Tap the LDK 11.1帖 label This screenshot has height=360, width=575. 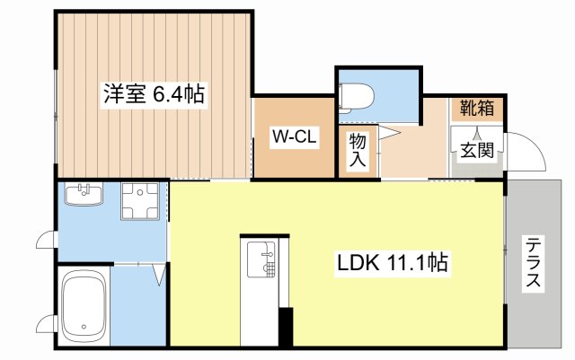click(x=393, y=264)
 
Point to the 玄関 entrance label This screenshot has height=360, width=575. click(x=477, y=150)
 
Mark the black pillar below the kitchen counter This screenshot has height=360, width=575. click(x=286, y=327)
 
